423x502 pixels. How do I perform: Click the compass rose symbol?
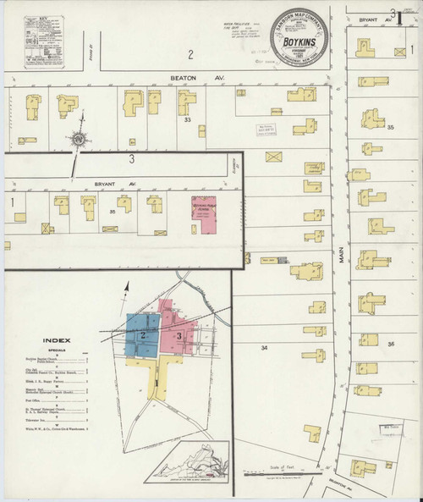[x=77, y=139]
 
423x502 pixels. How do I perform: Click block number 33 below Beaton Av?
[x=188, y=121]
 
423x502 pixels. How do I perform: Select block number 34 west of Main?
[x=263, y=348]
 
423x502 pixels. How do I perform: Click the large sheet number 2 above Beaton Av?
[x=191, y=55]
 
